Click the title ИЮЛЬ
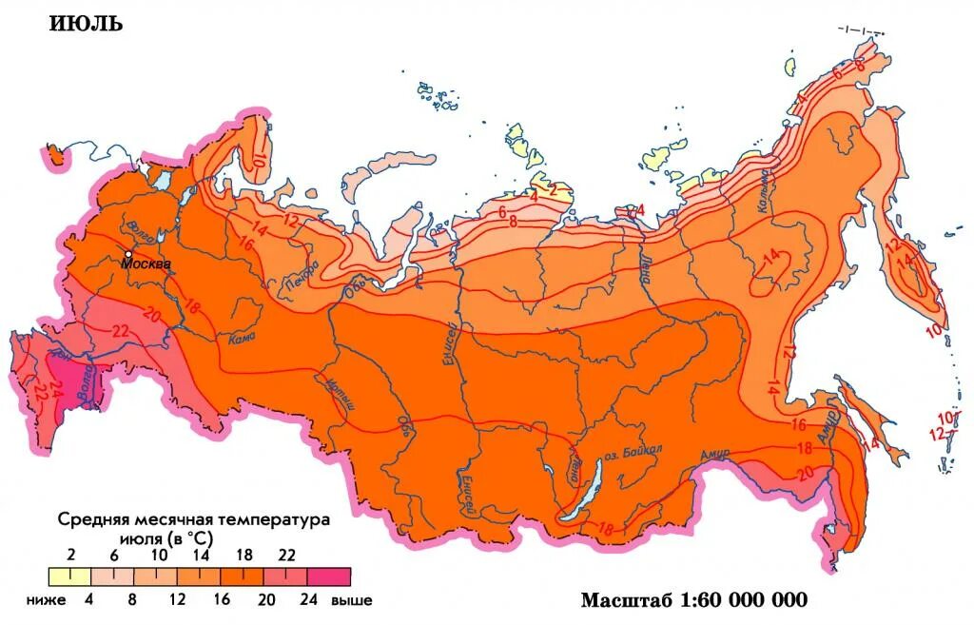(x=86, y=24)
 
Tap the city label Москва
(x=146, y=264)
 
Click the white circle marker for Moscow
(x=127, y=253)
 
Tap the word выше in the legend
(x=351, y=600)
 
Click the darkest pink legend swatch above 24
(x=329, y=576)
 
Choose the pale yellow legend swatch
(x=69, y=576)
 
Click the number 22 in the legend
(x=285, y=556)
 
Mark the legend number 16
(x=221, y=600)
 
